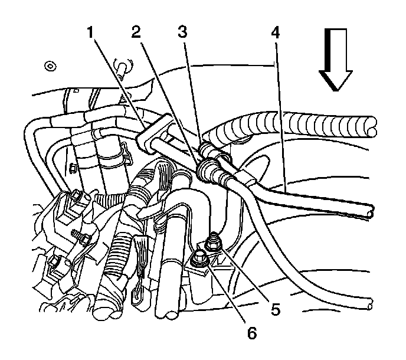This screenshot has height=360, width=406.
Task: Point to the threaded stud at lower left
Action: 81,237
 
